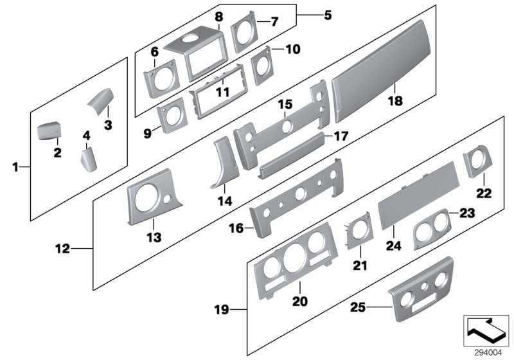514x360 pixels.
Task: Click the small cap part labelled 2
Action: [48, 131]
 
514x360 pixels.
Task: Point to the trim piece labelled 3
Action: [100, 100]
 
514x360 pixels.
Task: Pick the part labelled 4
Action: [87, 159]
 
